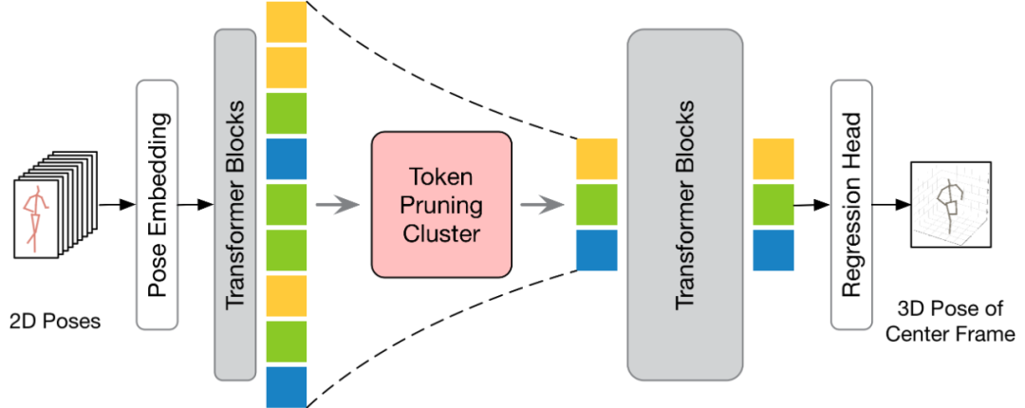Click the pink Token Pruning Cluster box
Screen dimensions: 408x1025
pos(441,203)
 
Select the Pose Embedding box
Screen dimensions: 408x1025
pos(158,204)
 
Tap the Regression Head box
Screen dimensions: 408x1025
pos(851,203)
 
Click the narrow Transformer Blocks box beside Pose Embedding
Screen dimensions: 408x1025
pos(235,203)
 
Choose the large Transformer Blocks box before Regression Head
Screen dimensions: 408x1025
pos(684,203)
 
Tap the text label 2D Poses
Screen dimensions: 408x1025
pos(53,322)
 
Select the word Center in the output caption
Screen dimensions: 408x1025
pos(928,334)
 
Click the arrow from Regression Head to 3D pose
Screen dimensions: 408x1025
pos(891,204)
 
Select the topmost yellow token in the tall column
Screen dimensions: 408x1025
pos(287,23)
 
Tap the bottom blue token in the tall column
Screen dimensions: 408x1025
pos(287,387)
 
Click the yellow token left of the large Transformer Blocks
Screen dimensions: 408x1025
pos(597,158)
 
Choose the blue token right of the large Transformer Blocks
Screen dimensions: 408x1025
pos(773,250)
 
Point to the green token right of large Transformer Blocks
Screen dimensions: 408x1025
pos(773,204)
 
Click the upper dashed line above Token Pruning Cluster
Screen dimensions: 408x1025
pos(446,76)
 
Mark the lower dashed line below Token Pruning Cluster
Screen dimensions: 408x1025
pos(446,332)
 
